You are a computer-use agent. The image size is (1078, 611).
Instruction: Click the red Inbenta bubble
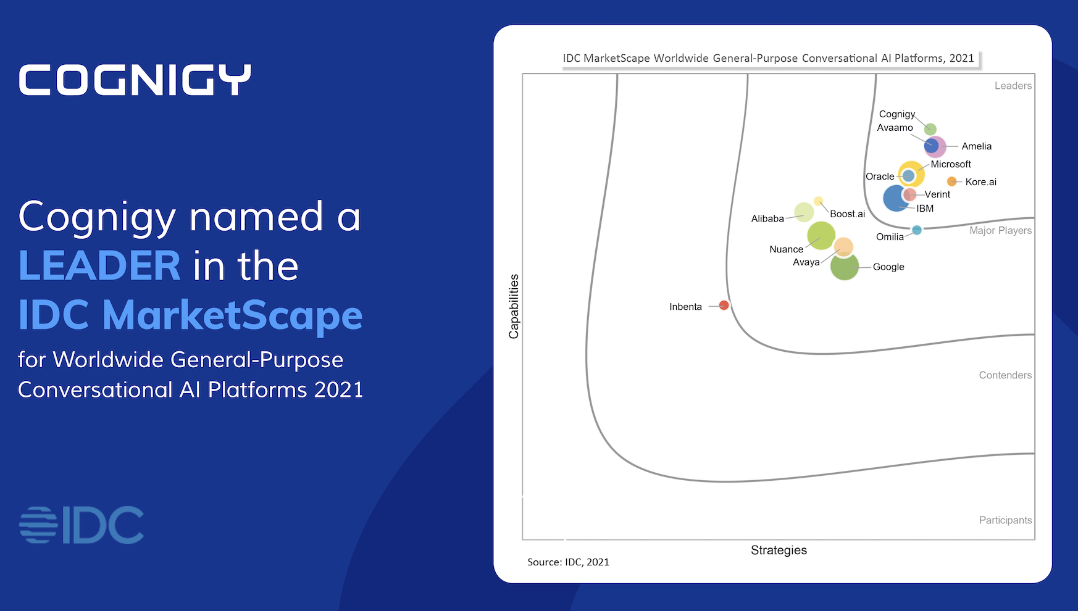pos(724,305)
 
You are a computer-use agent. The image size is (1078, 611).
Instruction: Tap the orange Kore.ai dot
pos(952,181)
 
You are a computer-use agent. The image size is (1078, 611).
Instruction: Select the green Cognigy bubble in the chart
pos(930,129)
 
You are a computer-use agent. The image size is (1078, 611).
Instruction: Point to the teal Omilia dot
pos(917,230)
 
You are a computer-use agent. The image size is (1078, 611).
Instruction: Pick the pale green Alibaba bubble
pos(803,212)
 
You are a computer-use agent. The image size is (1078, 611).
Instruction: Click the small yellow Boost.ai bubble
pos(818,201)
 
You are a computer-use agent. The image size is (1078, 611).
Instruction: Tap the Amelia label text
pos(976,146)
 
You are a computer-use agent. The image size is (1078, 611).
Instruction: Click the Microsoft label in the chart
pos(950,164)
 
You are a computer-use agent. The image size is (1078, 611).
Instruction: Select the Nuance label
pos(786,249)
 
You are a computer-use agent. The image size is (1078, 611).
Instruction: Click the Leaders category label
pos(1013,86)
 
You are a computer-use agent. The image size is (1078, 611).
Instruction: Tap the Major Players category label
pos(1000,230)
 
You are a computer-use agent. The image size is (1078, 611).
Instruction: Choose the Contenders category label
pos(1005,375)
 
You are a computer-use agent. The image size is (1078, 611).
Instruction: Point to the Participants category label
pos(1005,520)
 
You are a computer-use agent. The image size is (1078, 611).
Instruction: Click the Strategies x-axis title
pos(779,550)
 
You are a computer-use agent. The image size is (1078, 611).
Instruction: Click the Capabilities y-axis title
pos(514,306)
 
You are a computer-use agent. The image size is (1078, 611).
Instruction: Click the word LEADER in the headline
pos(99,265)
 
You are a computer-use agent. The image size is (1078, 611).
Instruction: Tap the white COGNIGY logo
pos(135,80)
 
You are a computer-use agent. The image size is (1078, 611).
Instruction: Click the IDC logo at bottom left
pos(81,525)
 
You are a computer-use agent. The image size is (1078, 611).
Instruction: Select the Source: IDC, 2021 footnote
pos(568,562)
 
